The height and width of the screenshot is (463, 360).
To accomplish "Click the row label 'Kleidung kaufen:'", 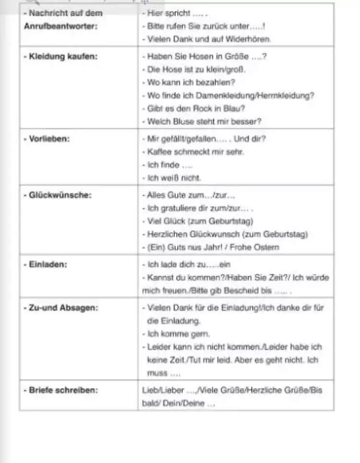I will coord(60,57).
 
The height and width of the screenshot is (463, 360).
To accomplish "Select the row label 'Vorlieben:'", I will coord(47,139).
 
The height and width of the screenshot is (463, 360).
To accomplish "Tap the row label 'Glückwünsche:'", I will coord(58,195).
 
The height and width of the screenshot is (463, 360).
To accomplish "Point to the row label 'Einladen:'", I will coord(45,264).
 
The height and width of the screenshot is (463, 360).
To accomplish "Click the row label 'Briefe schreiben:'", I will coord(60,390).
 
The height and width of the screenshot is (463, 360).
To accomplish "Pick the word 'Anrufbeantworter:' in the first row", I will coord(60,25).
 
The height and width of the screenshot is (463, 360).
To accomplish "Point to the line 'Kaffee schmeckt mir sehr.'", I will coord(196,152).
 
